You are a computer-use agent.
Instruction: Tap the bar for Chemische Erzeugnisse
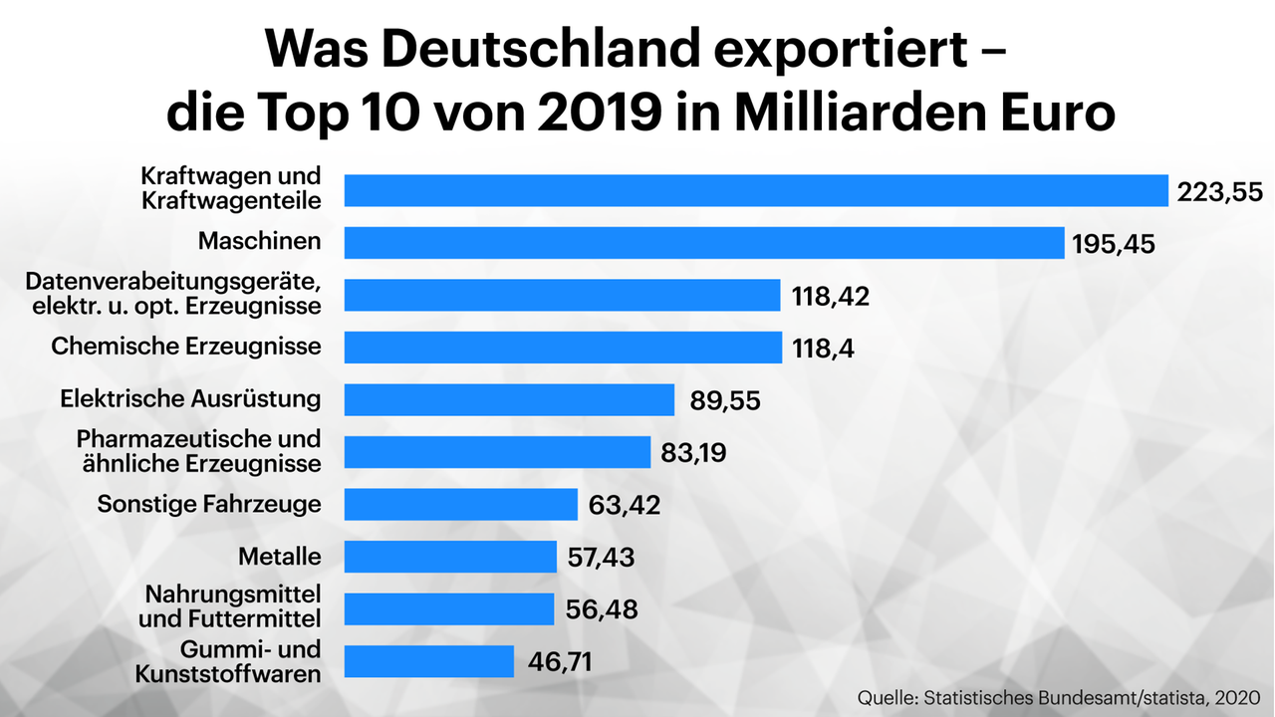coord(562,348)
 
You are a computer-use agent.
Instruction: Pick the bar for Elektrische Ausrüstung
coord(509,399)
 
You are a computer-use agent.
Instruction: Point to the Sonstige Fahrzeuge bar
coord(460,504)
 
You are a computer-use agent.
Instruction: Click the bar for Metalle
coord(450,557)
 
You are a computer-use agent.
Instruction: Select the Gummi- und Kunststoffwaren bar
coord(428,661)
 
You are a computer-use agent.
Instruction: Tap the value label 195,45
coord(1114,244)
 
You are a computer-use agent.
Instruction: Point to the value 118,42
coord(830,297)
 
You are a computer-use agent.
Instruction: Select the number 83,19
coord(693,453)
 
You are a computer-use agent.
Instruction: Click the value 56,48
coord(601,608)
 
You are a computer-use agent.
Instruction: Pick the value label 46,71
coord(562,661)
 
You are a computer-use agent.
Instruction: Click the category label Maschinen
coord(259,241)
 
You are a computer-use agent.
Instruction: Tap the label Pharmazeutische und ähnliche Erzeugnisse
coord(199,451)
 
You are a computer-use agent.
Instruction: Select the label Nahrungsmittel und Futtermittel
coord(233,606)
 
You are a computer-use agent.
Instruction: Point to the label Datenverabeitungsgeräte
coord(173,282)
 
